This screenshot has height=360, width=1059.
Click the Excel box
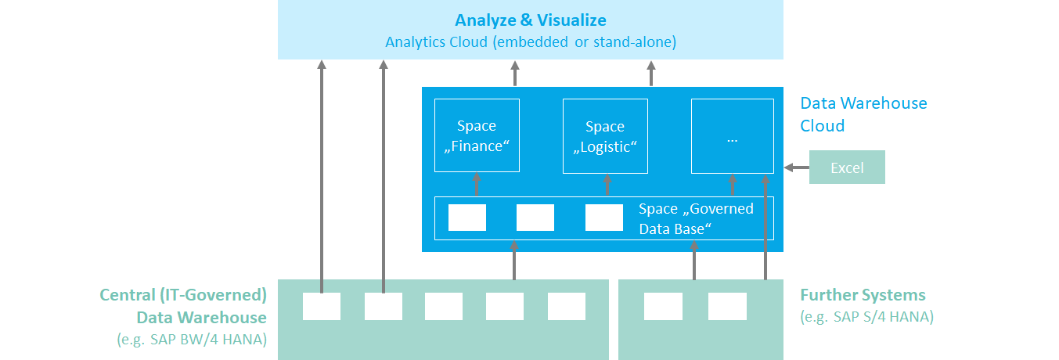tap(846, 167)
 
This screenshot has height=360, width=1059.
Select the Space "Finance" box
tap(477, 135)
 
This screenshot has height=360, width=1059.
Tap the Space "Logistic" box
tap(605, 135)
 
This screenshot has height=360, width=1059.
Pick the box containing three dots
tap(732, 135)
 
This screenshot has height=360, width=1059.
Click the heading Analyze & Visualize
tap(530, 20)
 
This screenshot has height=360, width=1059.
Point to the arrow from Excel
tap(795, 167)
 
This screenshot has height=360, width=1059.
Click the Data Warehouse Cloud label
tap(863, 114)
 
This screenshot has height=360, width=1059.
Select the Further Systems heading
tap(863, 295)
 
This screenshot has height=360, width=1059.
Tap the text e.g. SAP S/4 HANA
tap(866, 318)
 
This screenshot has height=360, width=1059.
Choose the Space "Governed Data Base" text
tap(695, 219)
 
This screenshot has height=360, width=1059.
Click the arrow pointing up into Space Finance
tap(477, 185)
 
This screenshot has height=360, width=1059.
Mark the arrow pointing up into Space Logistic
tap(606, 185)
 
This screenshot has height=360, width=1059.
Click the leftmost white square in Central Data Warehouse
tap(322, 306)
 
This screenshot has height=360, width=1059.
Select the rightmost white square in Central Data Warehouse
tap(566, 306)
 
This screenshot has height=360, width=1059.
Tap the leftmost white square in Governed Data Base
tap(466, 218)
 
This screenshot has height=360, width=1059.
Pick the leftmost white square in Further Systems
tap(663, 306)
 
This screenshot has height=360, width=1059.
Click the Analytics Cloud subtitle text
tap(530, 42)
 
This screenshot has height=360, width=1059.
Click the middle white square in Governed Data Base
tap(535, 218)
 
